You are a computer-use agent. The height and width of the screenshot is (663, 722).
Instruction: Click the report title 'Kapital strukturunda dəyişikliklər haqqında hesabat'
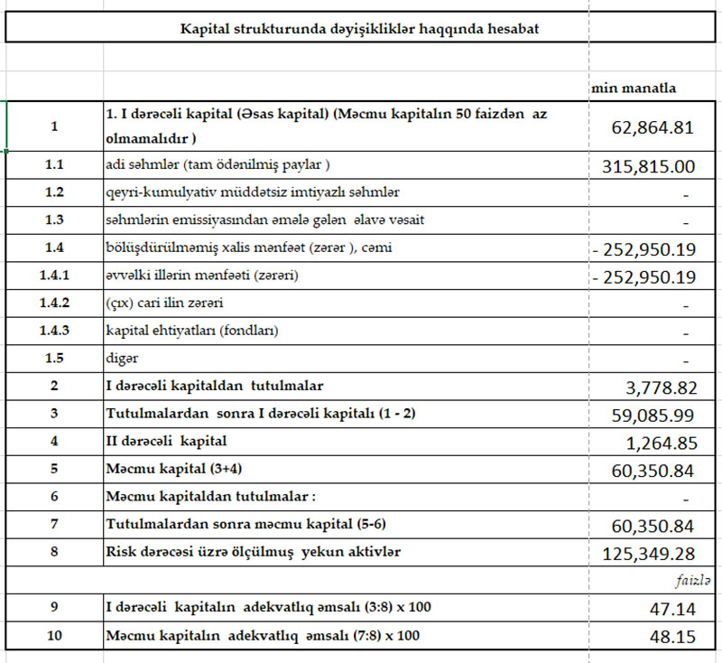point(360,29)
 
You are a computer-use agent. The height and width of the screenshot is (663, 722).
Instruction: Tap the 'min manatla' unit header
point(634,89)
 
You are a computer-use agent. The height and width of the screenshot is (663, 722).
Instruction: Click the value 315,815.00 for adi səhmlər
point(647,167)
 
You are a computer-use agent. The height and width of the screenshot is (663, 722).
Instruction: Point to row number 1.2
point(54,192)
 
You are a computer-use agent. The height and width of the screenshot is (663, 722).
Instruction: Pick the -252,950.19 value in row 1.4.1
point(643,276)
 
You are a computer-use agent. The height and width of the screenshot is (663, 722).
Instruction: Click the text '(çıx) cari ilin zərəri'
point(164,303)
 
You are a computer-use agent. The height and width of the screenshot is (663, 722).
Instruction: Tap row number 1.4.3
point(54,331)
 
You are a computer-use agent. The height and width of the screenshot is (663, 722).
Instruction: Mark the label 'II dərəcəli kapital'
point(166,443)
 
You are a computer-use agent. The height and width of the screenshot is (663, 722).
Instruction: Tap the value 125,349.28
point(649,552)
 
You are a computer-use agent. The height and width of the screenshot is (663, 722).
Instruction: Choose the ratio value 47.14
point(671,609)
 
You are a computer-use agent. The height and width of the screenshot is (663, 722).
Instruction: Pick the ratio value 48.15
point(671,637)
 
